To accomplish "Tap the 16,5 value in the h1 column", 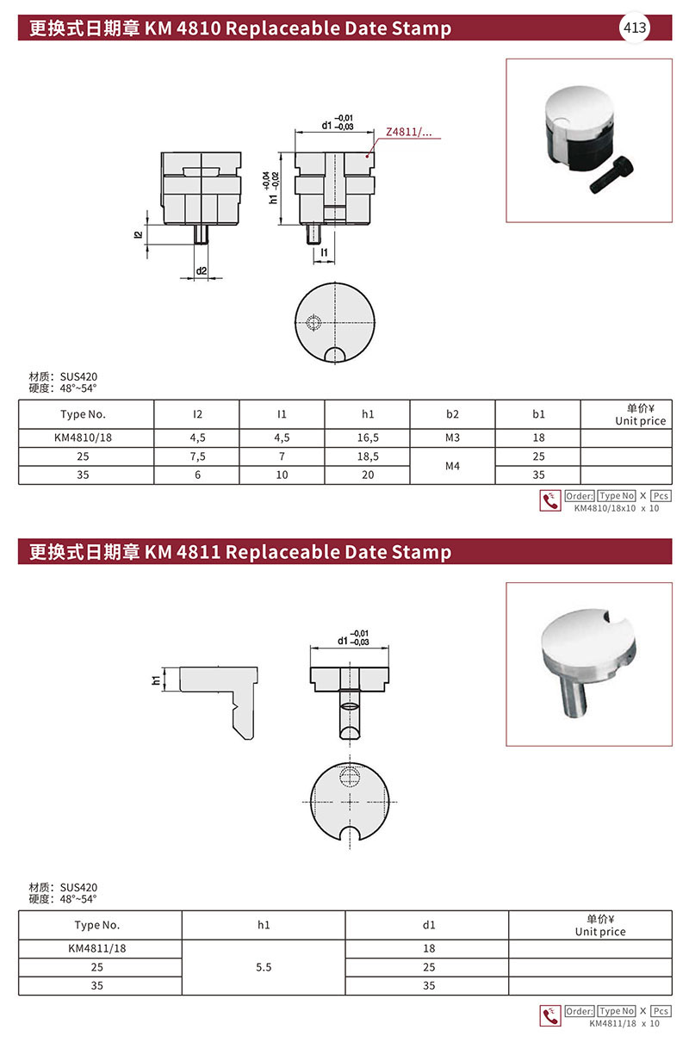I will (368, 438).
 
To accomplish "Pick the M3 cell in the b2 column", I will (453, 438).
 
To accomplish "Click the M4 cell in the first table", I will (453, 465).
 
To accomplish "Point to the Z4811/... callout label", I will (408, 133).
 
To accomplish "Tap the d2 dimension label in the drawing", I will (201, 271).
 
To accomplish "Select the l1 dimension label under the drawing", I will (323, 251).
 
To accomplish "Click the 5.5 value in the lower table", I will (264, 967).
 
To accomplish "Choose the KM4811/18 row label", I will (96, 948).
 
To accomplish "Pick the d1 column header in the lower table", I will (428, 926).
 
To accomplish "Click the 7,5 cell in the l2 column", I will (197, 456).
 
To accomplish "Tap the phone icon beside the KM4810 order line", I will (549, 501).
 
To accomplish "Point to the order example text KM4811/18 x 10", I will (624, 1023).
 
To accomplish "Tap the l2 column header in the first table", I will (197, 414).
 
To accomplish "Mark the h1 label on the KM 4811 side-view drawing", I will (156, 680).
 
